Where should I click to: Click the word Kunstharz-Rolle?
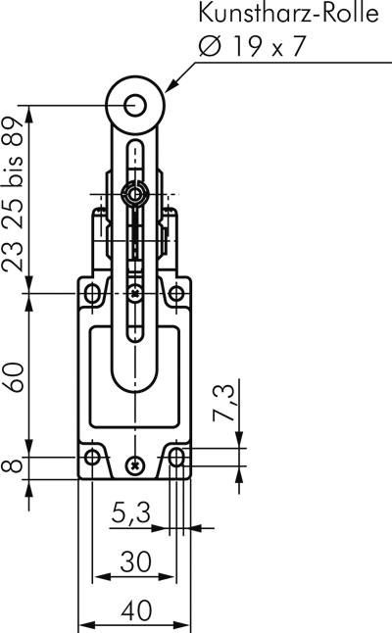click(x=288, y=13)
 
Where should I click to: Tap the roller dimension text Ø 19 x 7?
click(x=251, y=46)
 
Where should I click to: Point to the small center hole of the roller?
click(x=135, y=105)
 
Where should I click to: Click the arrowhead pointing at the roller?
click(x=171, y=84)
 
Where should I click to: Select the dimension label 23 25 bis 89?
click(x=13, y=194)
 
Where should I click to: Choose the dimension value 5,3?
click(x=130, y=512)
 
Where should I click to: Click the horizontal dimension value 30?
click(x=135, y=560)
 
